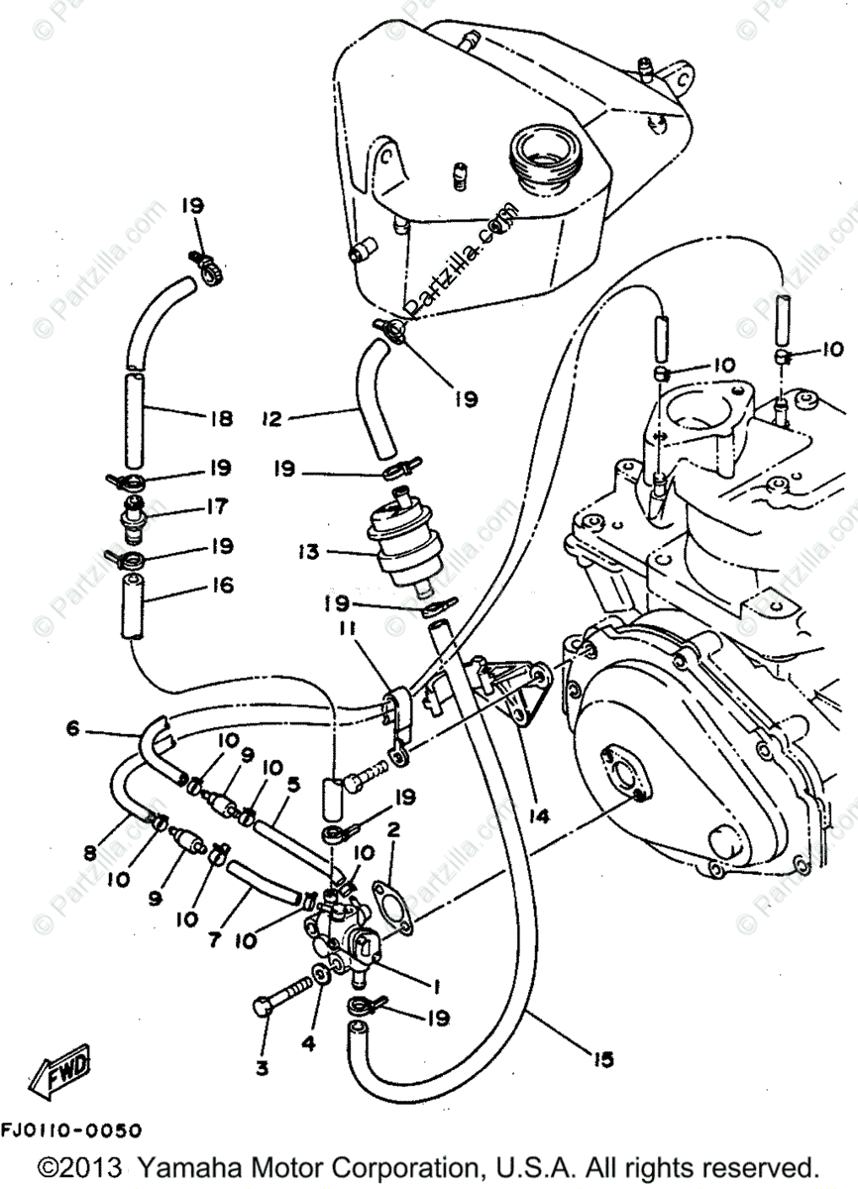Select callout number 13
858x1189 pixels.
pos(310,552)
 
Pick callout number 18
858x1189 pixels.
pos(220,418)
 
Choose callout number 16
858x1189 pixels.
pos(220,586)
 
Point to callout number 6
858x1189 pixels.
pos(72,728)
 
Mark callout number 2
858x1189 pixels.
pos(393,827)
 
